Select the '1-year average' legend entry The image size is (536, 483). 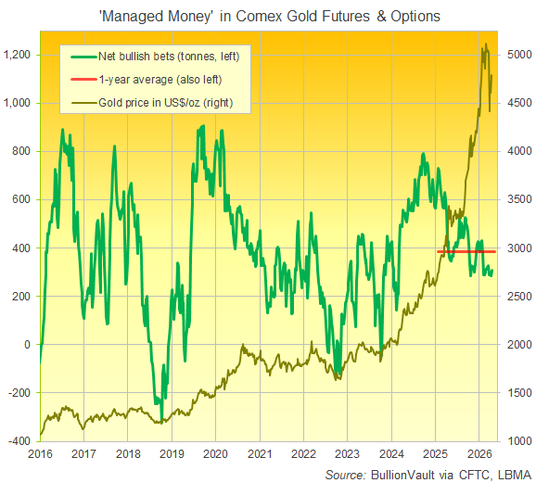click(156, 78)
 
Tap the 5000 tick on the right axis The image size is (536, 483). click(519, 55)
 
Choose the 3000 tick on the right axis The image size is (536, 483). click(519, 248)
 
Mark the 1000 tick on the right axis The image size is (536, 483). click(519, 441)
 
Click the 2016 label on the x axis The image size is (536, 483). click(39, 455)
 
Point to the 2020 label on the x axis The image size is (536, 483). click(215, 455)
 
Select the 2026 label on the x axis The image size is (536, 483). click(479, 455)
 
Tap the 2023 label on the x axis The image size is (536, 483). click(347, 455)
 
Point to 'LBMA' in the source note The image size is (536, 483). click(511, 474)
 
